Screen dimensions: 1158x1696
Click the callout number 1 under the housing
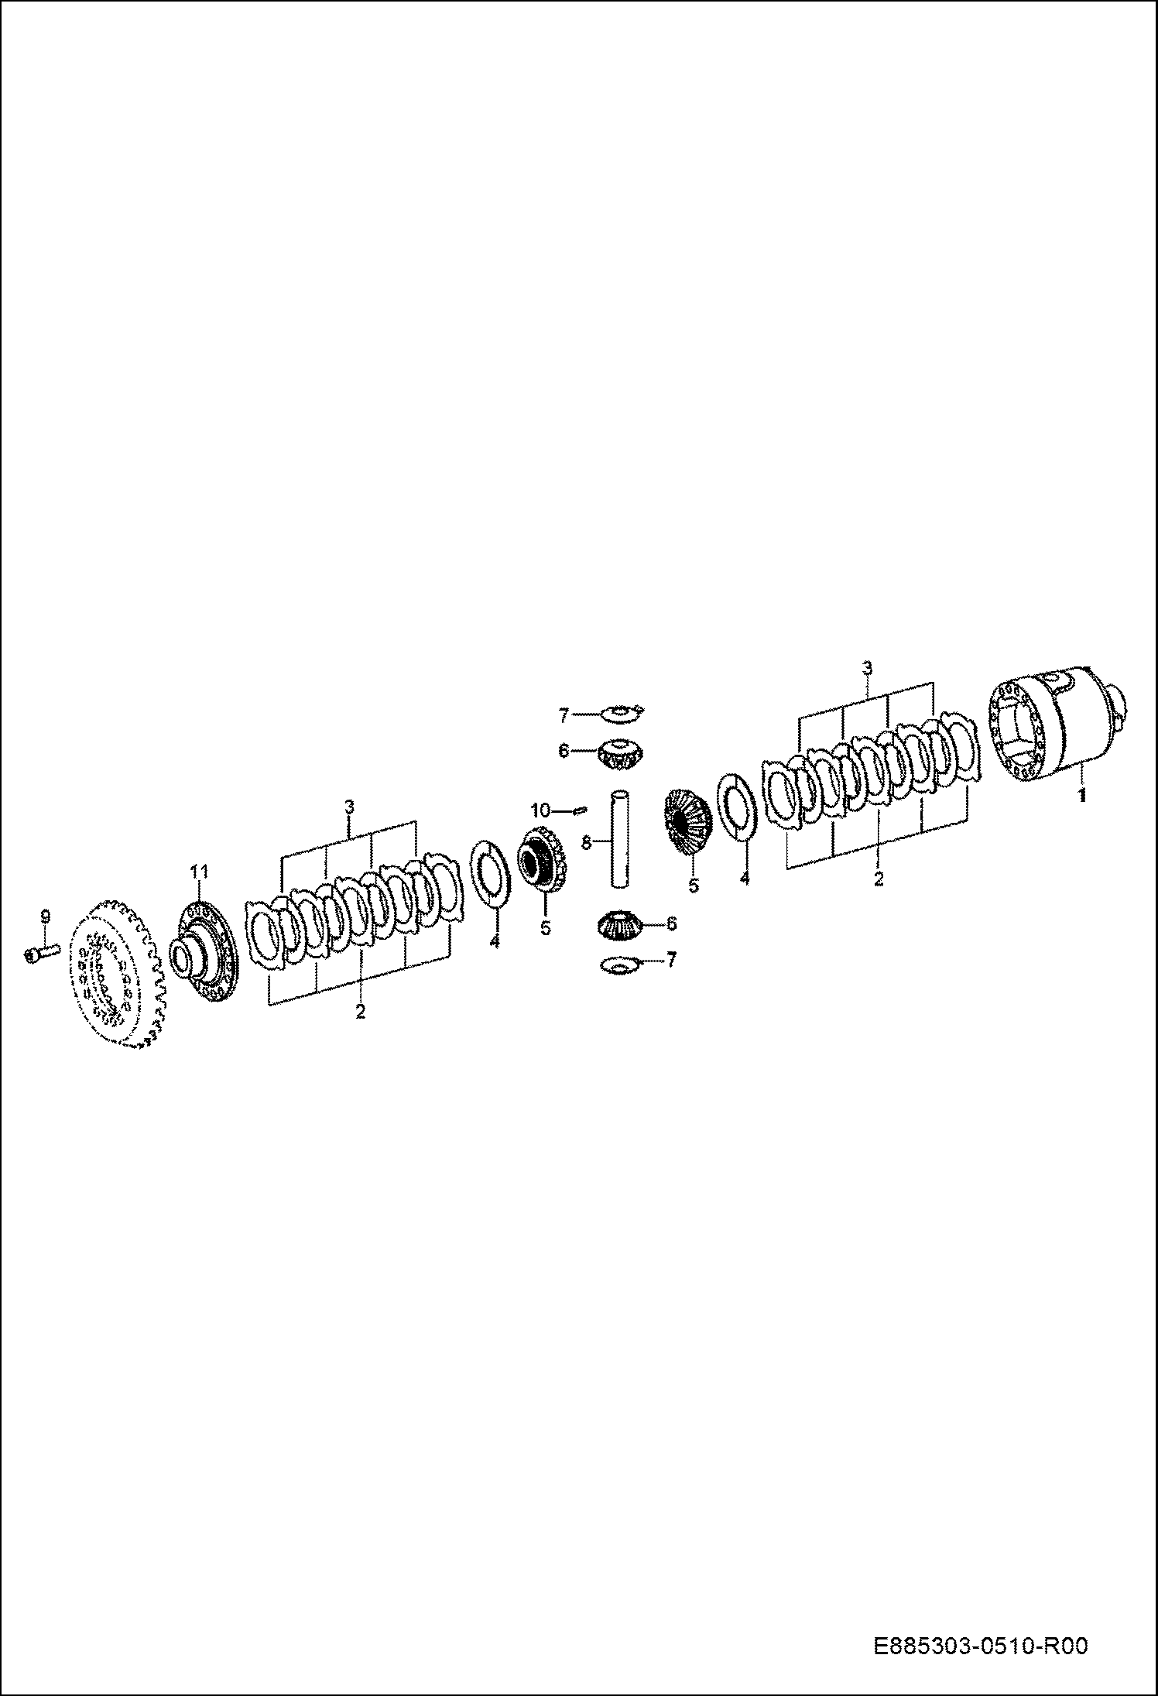(1082, 794)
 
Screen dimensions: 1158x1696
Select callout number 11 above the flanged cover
(200, 872)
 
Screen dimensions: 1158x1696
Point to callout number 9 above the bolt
(44, 917)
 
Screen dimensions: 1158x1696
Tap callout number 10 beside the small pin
(540, 810)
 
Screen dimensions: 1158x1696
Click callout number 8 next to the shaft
(587, 842)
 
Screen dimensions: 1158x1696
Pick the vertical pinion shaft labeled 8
(622, 839)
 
